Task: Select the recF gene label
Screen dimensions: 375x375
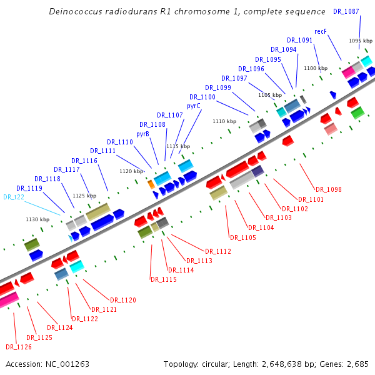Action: tap(321, 31)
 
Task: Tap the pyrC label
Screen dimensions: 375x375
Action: tap(194, 106)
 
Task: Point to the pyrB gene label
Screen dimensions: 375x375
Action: tap(142, 133)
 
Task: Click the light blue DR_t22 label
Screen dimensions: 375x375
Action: tap(14, 197)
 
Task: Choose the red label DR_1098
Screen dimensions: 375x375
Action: tap(328, 189)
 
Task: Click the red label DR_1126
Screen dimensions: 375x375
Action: tap(19, 347)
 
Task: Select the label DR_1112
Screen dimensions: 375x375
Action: tap(218, 251)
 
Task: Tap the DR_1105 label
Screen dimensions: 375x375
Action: tap(243, 237)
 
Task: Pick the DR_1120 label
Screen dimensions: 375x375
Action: tap(123, 301)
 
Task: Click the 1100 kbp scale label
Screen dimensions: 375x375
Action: tap(315, 68)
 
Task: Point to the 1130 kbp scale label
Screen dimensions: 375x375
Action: tap(37, 219)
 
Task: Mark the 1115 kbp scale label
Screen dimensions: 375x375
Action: tap(177, 146)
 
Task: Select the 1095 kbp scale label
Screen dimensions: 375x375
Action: tap(361, 41)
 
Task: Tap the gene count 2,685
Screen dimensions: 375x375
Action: tap(356, 364)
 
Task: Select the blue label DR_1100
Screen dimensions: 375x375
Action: tap(202, 97)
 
